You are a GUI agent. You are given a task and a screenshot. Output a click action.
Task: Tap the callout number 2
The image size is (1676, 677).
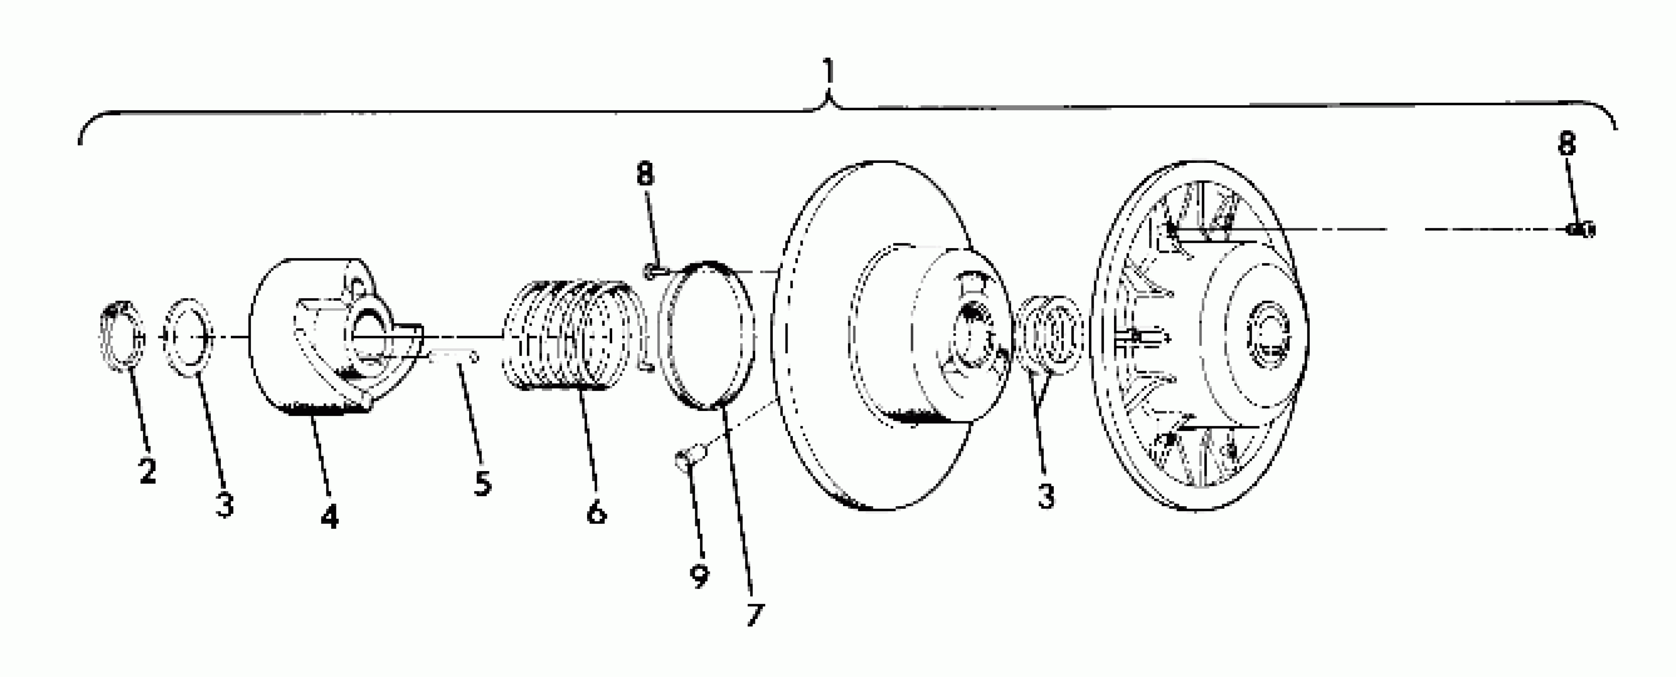tap(148, 470)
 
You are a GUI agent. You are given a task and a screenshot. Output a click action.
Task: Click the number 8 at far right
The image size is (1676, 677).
tap(1567, 143)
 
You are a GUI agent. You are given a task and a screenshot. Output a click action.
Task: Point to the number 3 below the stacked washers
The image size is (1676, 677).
tap(1045, 497)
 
